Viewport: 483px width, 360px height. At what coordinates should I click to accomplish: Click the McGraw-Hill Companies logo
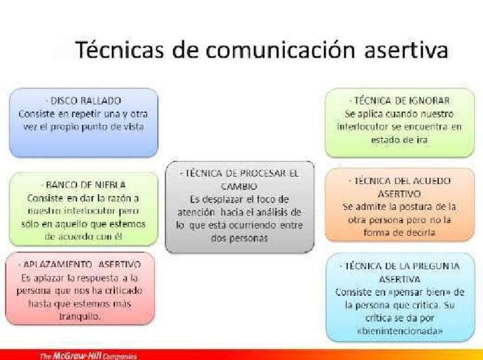[x=87, y=355]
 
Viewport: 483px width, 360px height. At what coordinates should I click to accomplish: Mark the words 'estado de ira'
[x=399, y=140]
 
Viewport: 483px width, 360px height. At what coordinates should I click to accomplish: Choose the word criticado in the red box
[x=120, y=290]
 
